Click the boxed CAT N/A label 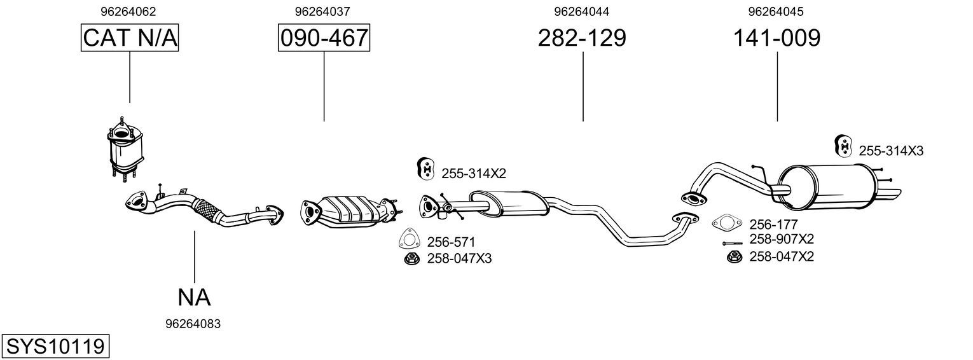tap(130, 38)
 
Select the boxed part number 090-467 tap(324, 38)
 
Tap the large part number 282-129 tap(582, 38)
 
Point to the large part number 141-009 tap(776, 38)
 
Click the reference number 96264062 tap(128, 11)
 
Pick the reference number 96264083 tap(193, 324)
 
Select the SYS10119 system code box tap(55, 347)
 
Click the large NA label tap(194, 298)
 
